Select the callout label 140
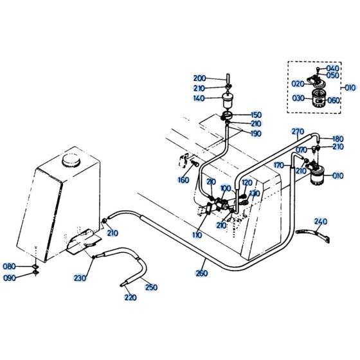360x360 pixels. (199, 98)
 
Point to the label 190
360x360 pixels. (256, 133)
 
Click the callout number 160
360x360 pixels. (183, 180)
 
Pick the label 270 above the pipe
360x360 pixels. (297, 132)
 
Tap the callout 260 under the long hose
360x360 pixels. (201, 273)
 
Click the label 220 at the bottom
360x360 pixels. (130, 298)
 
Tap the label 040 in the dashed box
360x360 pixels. (333, 68)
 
